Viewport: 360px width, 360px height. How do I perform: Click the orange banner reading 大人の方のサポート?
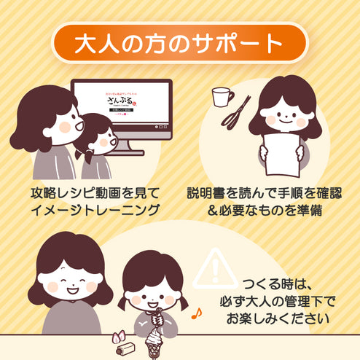179,43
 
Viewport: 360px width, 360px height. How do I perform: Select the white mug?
222,96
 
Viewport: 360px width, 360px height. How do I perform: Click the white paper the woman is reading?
281,152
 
